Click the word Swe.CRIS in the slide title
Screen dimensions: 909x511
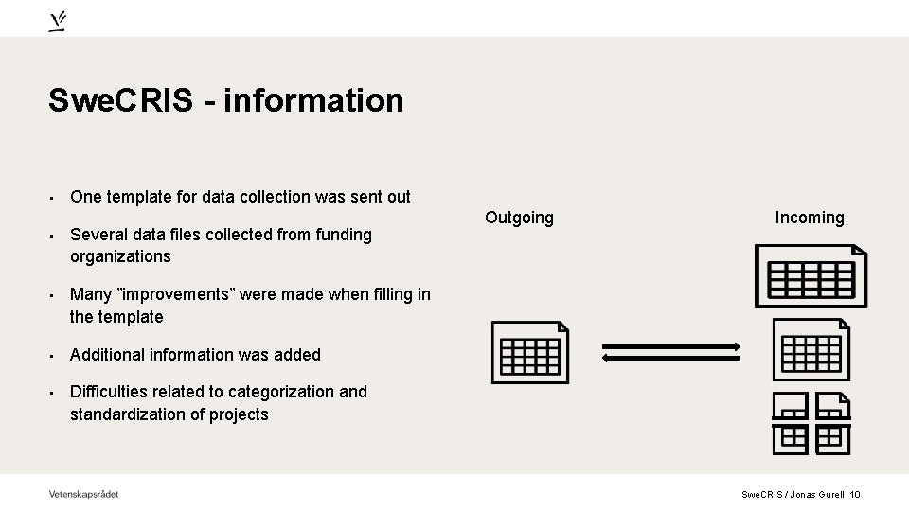coord(121,100)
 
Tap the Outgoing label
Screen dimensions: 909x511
coord(519,218)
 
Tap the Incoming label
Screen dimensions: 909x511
coord(810,218)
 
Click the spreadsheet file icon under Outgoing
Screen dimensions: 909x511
coord(530,351)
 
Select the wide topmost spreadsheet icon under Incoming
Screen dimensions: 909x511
coord(811,275)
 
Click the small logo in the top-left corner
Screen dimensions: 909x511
coord(58,22)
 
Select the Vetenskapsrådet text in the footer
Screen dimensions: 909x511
coord(84,493)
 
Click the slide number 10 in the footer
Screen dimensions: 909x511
coord(855,494)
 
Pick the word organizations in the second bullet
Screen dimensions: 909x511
coord(120,256)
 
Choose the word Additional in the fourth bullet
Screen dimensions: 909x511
coord(107,355)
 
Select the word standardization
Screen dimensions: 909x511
coord(131,414)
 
